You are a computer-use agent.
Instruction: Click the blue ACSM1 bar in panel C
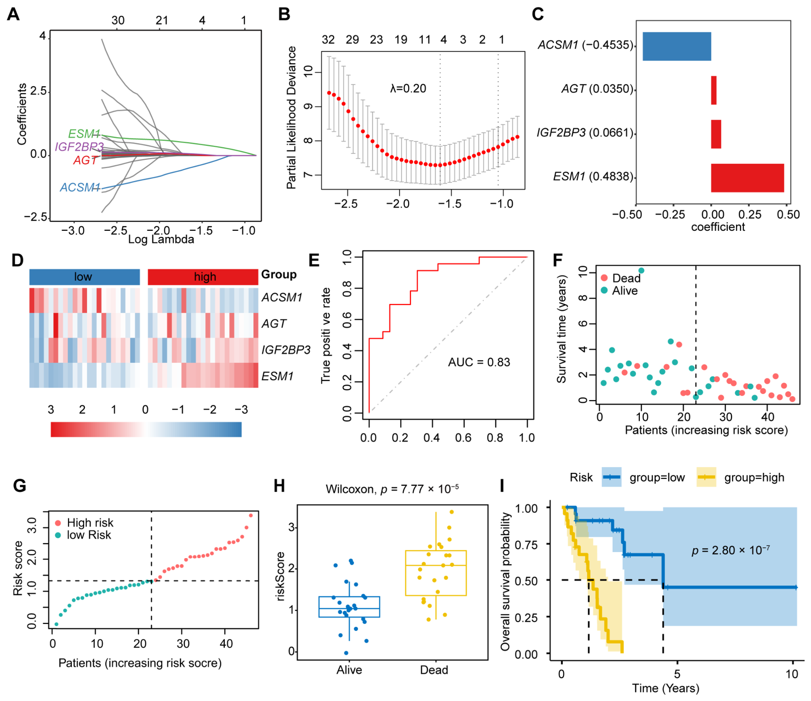pos(676,46)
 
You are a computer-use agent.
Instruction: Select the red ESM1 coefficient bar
pos(747,178)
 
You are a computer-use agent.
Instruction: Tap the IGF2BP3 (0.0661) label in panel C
pos(585,132)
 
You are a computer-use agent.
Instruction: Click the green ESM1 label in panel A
pos(84,134)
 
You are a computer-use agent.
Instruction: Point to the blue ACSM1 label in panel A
pos(80,187)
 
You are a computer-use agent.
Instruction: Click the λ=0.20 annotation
pos(408,88)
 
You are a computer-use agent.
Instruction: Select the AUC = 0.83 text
pos(479,362)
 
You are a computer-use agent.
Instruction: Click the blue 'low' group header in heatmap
pos(84,277)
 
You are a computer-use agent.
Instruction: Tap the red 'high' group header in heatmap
pos(203,277)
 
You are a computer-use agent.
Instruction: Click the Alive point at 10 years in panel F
pos(641,270)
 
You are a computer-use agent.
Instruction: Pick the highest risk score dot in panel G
pos(250,516)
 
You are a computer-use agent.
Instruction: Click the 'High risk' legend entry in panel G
pos(84,522)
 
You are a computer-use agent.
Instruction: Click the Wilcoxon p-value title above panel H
pos(392,489)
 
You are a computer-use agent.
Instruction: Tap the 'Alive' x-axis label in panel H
pos(349,670)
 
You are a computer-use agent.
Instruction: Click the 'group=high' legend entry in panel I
pos(740,478)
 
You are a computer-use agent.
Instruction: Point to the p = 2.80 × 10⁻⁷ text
pos(730,550)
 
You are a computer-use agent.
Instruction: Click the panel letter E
pos(314,260)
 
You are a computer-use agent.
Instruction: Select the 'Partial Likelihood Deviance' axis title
pos(291,118)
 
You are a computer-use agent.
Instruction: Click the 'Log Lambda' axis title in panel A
pos(161,239)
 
